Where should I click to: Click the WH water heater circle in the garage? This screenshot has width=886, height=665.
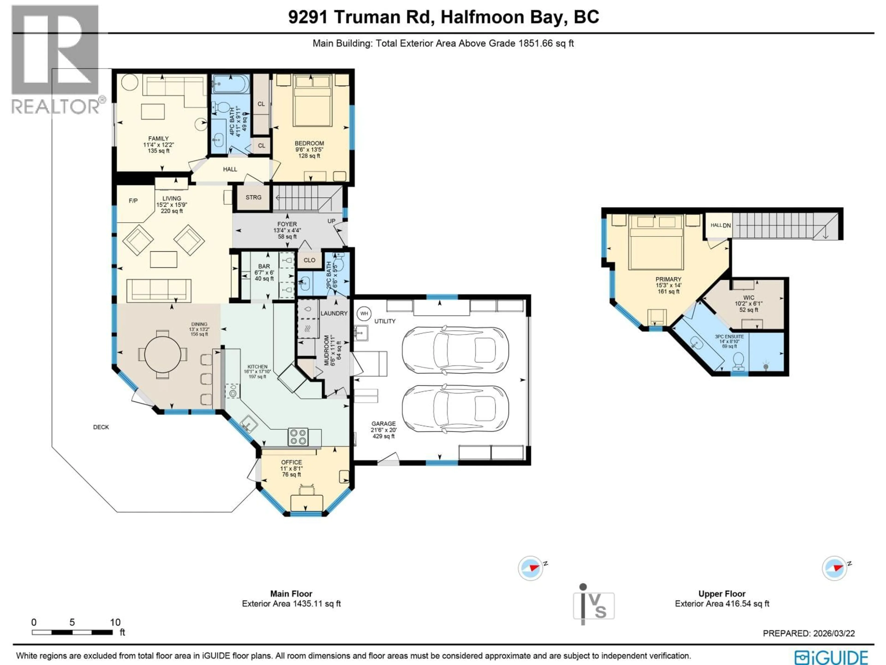coord(364,314)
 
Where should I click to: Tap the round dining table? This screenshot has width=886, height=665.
coord(163,354)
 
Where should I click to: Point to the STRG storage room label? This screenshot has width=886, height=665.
coord(253,197)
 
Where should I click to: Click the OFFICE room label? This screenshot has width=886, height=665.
coord(291,462)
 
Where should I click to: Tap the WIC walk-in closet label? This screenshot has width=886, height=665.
coord(748,298)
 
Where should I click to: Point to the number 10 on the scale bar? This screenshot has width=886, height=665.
coord(115,622)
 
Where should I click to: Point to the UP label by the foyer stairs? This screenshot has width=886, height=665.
coord(331,221)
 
